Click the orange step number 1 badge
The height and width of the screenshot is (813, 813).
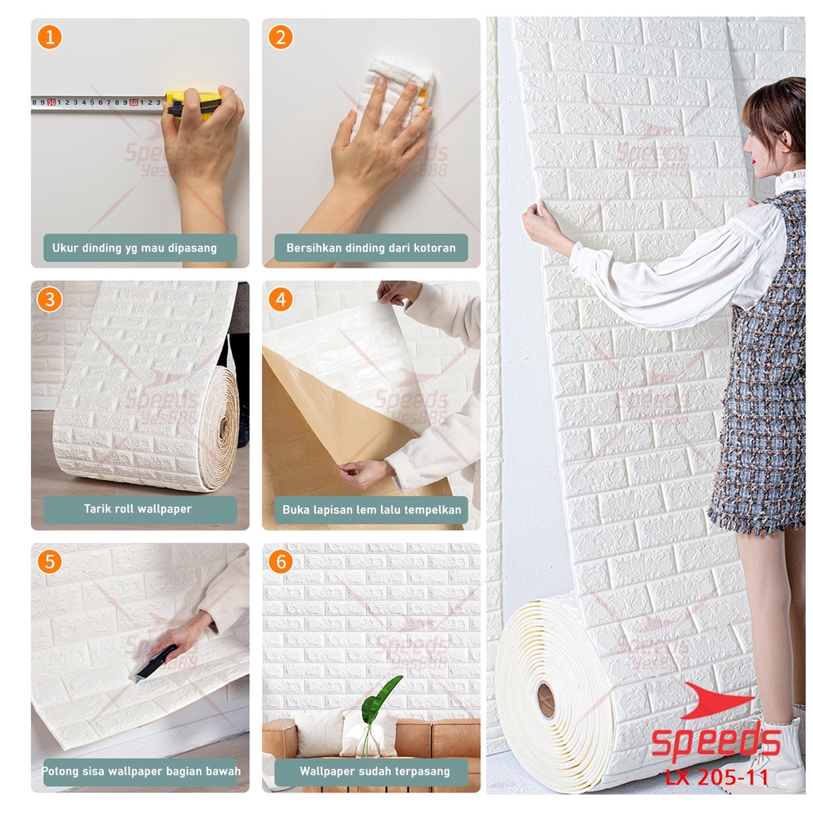(49, 37)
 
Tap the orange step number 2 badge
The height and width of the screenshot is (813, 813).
(280, 37)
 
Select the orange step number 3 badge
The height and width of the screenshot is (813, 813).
(49, 299)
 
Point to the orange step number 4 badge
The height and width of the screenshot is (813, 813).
(280, 299)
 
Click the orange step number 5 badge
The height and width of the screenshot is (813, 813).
(49, 562)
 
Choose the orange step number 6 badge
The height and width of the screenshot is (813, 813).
(280, 562)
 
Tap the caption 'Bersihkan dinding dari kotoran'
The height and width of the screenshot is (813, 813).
(371, 248)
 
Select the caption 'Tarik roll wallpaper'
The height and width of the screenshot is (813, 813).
(138, 509)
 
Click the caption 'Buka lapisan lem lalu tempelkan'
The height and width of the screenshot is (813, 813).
(371, 510)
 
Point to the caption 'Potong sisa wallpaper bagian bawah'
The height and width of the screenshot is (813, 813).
(141, 771)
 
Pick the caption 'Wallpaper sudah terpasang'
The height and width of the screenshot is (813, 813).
(374, 771)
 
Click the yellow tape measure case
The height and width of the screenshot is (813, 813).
(193, 102)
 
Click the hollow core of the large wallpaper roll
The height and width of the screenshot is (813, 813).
(546, 700)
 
